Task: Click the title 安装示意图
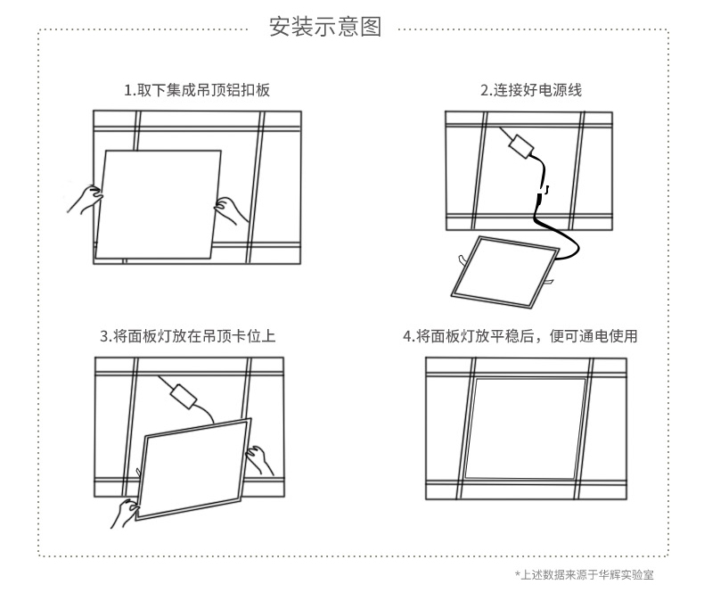(x=325, y=28)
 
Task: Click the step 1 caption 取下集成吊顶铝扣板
(x=197, y=90)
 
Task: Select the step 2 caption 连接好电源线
(x=531, y=90)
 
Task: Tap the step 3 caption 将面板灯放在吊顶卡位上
(x=187, y=336)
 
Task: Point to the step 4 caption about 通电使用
(x=520, y=336)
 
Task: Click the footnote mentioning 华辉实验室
(x=585, y=575)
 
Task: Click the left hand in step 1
(x=84, y=200)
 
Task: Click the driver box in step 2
(x=520, y=145)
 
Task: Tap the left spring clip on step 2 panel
(x=459, y=259)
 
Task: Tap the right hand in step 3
(x=260, y=460)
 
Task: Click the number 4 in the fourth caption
(x=407, y=336)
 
